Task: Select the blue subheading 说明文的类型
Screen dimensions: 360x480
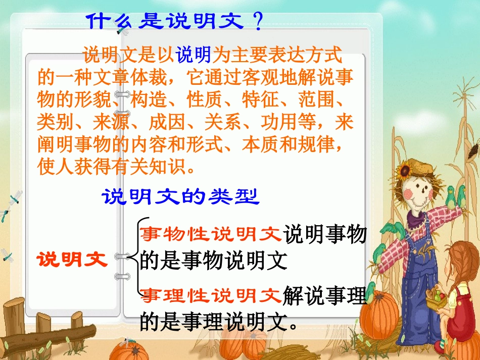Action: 181,196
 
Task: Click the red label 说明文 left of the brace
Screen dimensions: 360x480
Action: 72,260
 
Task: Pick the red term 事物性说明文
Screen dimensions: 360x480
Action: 210,234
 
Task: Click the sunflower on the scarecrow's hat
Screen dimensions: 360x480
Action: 406,171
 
